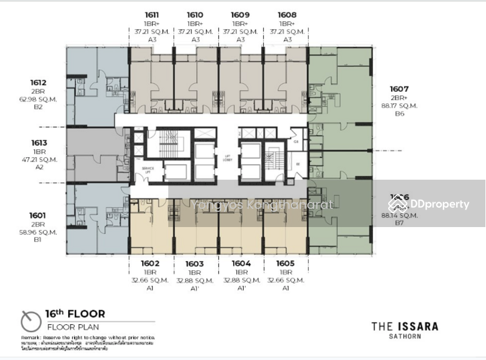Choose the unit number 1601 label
[x=38, y=215]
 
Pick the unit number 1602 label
[x=150, y=264]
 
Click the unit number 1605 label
[x=286, y=264]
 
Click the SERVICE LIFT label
[x=147, y=169]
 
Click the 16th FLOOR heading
[x=75, y=314]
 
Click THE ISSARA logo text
[x=405, y=327]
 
